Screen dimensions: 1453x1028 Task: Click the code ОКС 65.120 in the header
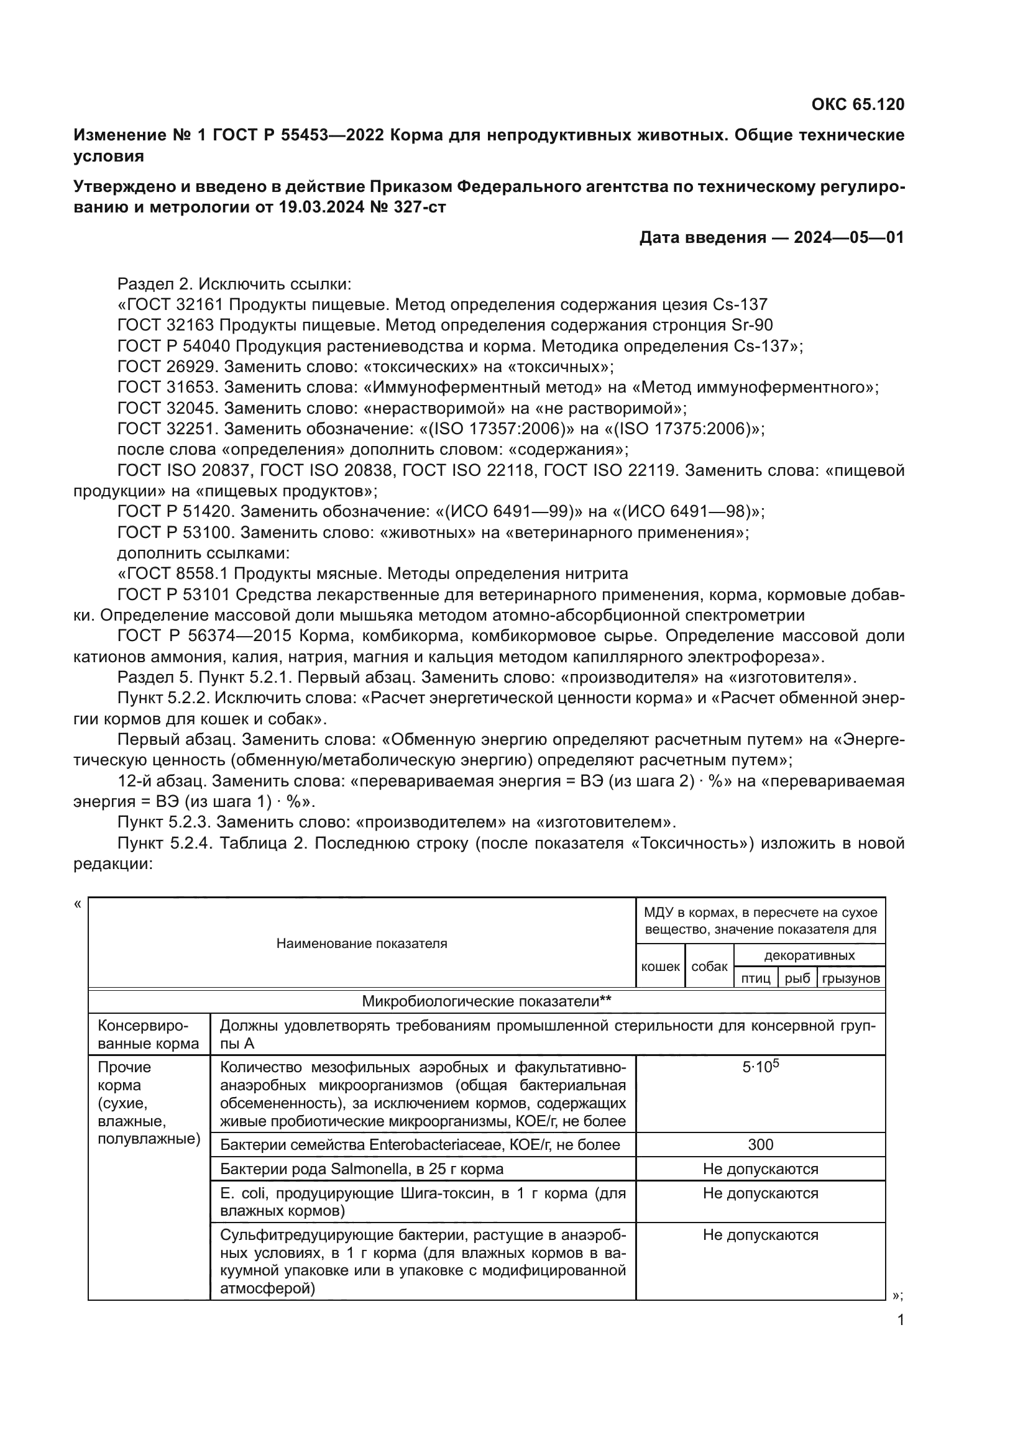coord(858,104)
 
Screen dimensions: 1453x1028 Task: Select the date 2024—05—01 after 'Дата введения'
coord(849,237)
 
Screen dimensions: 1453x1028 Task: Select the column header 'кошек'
coord(660,967)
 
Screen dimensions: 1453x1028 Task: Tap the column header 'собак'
coord(709,967)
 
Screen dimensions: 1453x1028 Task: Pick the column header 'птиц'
coord(755,978)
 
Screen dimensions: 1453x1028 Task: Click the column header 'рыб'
coord(797,978)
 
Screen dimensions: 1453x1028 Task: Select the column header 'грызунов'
coord(851,978)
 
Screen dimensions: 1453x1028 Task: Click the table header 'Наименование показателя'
coord(362,944)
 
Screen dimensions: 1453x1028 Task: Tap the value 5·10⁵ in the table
coord(760,1067)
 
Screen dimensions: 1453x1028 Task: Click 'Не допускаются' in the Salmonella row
coord(760,1169)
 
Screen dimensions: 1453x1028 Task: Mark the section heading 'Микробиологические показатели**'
coord(486,1001)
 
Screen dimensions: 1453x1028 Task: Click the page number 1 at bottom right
coord(901,1320)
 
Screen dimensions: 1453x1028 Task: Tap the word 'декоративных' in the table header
coord(809,955)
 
